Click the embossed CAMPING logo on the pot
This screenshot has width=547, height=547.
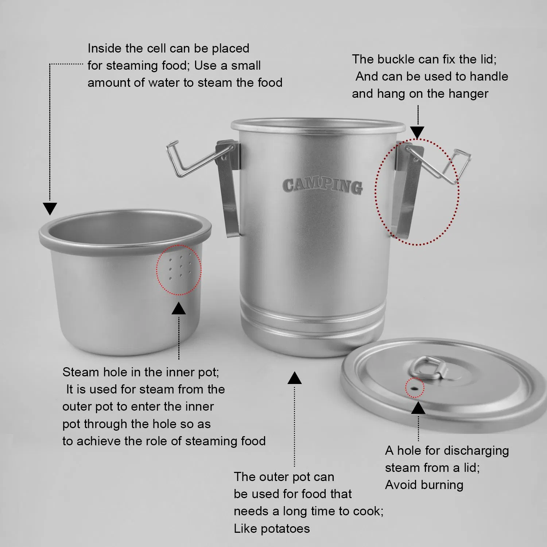point(322,185)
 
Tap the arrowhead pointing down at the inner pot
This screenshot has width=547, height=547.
point(50,209)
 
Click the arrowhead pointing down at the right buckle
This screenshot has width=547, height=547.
point(418,132)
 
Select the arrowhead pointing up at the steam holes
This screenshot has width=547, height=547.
point(179,309)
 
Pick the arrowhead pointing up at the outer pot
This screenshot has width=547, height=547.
point(294,378)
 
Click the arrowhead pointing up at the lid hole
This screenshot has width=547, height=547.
point(418,408)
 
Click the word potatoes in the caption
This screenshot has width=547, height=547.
point(285,528)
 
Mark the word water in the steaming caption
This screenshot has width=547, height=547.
point(164,83)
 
